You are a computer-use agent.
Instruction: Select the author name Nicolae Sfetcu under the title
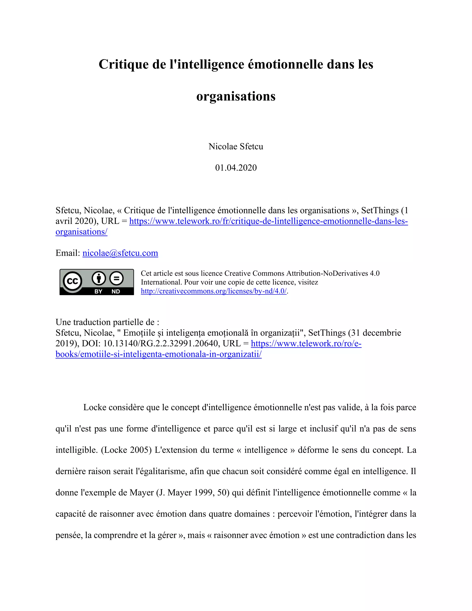pyautogui.click(x=236, y=146)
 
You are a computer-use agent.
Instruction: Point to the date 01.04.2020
pyautogui.click(x=236, y=168)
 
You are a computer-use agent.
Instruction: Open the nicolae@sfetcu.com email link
pyautogui.click(x=120, y=253)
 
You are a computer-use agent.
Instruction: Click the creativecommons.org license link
pyautogui.click(x=214, y=291)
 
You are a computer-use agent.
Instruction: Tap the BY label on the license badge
pyautogui.click(x=98, y=291)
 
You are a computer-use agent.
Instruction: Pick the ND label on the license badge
pyautogui.click(x=116, y=291)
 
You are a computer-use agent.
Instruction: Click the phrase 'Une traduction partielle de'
pyautogui.click(x=107, y=322)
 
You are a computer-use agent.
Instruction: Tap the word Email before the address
pyautogui.click(x=67, y=253)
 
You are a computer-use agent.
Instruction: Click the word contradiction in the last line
pyautogui.click(x=360, y=535)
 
